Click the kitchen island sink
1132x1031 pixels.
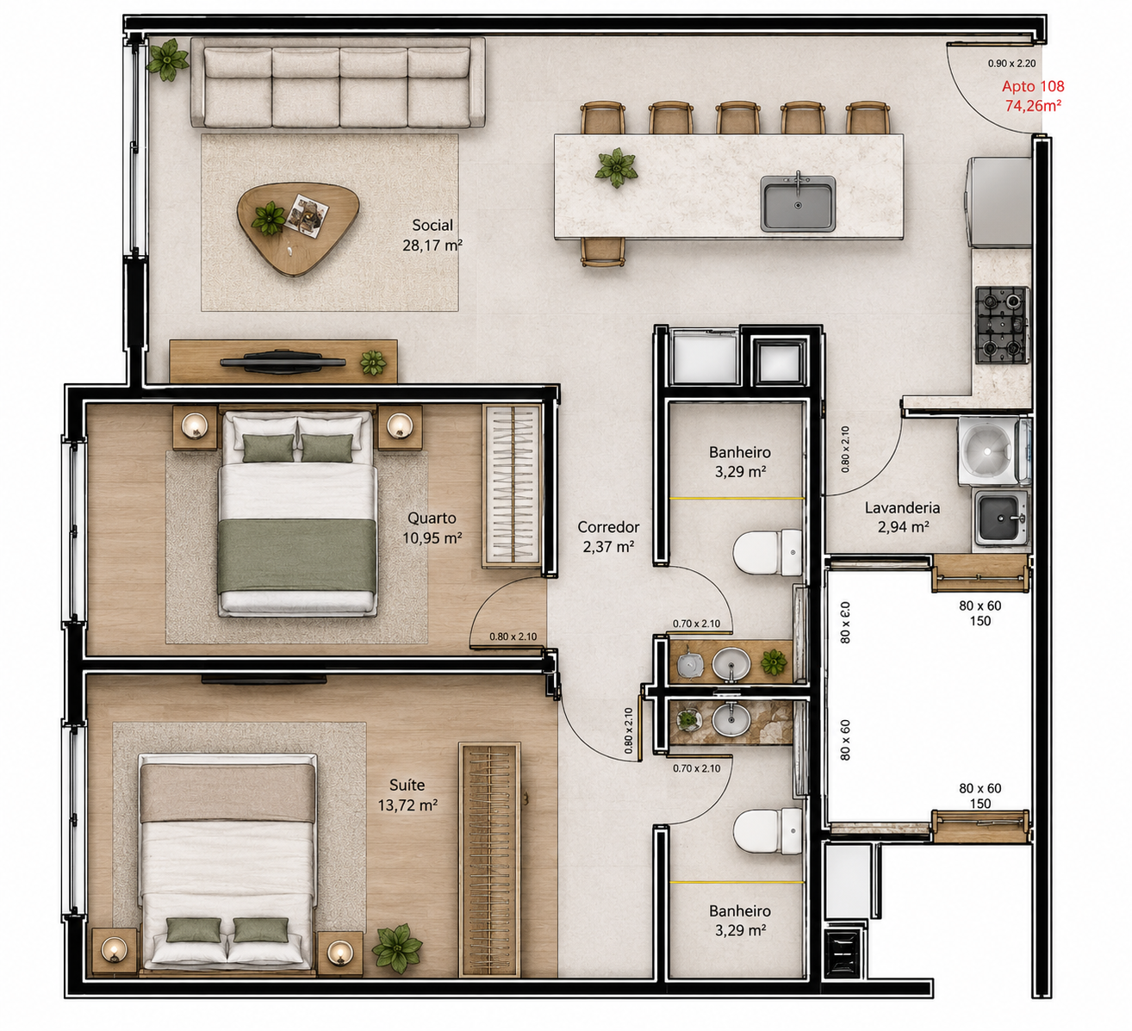798,203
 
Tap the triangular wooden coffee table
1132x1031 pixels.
297,229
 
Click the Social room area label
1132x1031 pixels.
432,235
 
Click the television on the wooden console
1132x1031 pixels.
283,361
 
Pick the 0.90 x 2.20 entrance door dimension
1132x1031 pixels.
1011,64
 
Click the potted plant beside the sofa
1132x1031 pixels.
167,59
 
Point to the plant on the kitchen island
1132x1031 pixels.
617,168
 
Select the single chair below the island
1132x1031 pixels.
603,252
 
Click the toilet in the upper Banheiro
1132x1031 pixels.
768,552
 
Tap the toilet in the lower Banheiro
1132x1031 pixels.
768,831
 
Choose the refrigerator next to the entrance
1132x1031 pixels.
998,202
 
